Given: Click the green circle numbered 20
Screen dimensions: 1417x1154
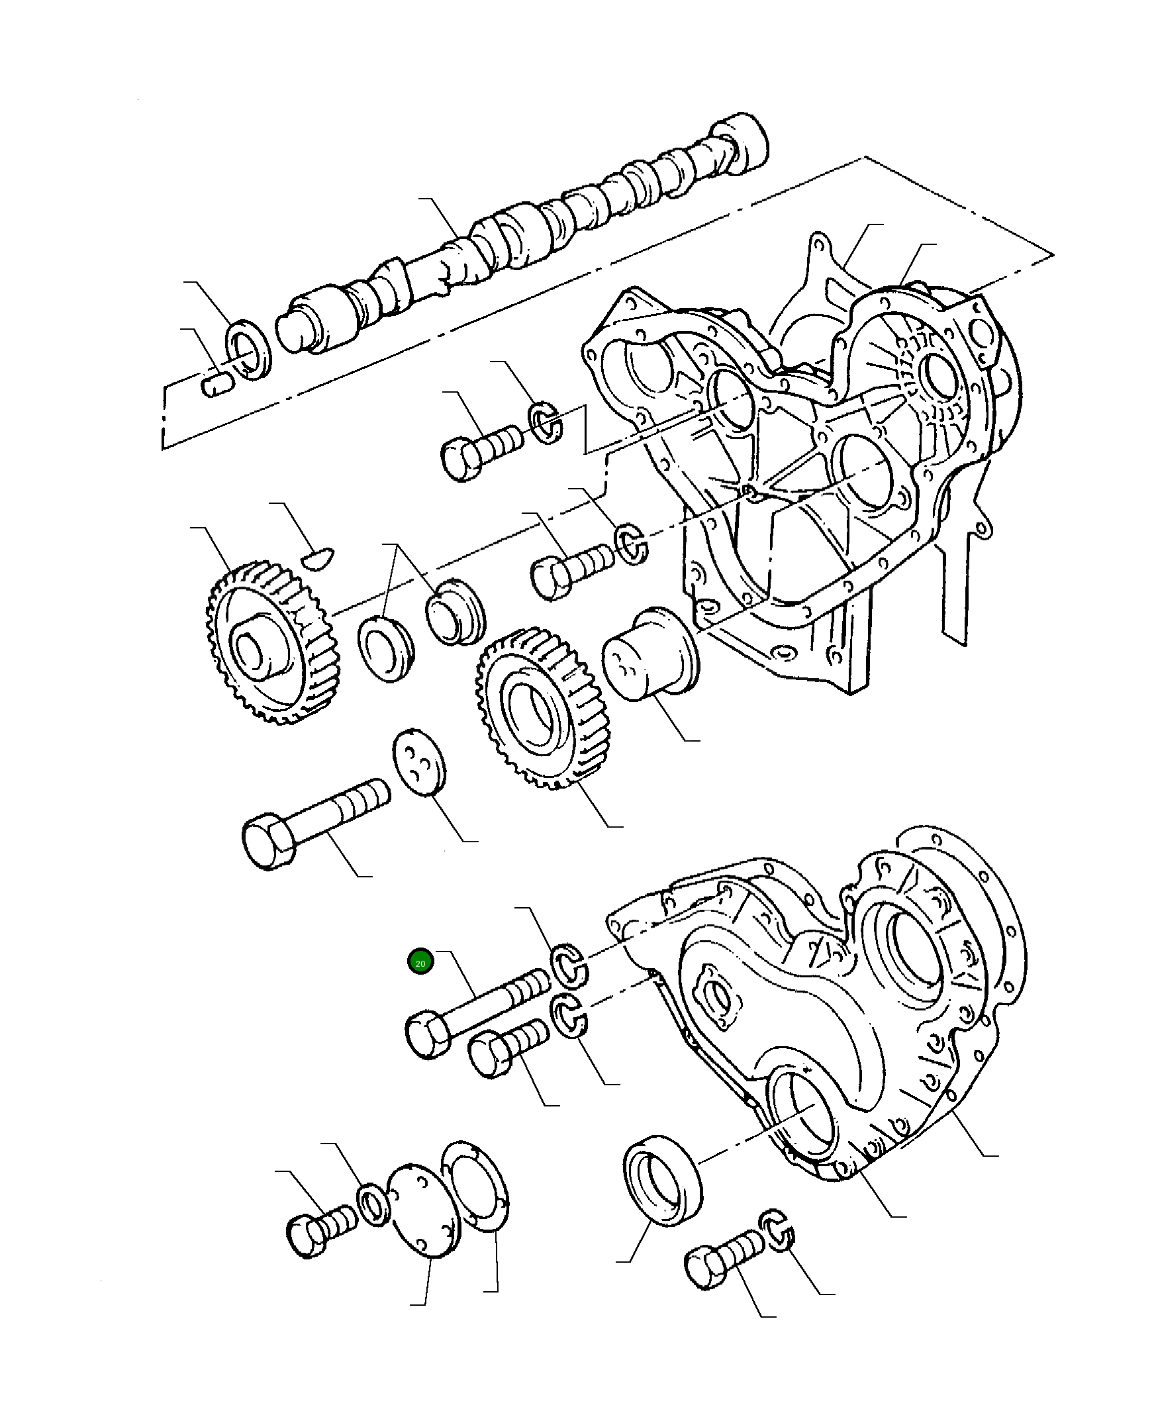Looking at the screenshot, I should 420,962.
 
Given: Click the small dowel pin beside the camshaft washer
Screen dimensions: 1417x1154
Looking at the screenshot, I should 216,383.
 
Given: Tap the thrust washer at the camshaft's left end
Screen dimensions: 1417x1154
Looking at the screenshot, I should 250,350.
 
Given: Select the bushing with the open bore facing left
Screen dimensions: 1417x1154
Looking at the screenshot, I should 385,648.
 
